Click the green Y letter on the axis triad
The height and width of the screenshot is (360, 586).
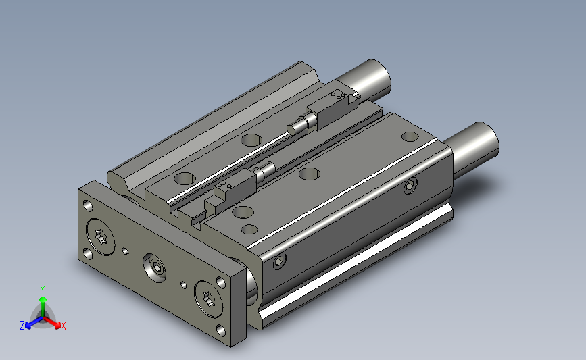coord(43,290)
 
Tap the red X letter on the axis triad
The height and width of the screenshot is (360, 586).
coord(63,326)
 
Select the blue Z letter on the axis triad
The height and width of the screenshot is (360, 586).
coord(22,325)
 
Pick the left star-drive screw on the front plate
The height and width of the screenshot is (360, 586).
coord(101,237)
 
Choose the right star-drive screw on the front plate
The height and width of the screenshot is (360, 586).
coord(208,299)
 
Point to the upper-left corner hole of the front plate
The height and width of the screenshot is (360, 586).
coord(88,206)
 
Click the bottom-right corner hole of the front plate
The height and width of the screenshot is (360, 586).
coord(221,330)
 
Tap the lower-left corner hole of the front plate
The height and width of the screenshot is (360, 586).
coord(88,255)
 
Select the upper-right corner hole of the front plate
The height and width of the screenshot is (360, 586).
coord(221,282)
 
